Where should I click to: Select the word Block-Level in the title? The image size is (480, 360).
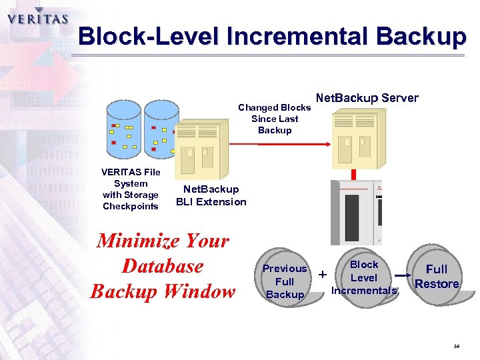click(x=149, y=36)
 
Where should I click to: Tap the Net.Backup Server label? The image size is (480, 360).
click(x=367, y=98)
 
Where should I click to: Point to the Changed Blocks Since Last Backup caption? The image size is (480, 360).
click(x=274, y=119)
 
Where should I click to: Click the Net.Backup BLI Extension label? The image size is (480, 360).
click(x=211, y=196)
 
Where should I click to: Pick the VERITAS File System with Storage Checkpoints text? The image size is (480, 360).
click(x=131, y=189)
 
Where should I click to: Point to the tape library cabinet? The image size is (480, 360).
click(x=361, y=212)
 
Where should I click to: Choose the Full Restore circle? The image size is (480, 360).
click(x=437, y=276)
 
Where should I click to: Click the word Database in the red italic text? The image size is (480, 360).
click(x=163, y=266)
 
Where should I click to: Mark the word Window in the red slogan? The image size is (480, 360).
click(x=204, y=291)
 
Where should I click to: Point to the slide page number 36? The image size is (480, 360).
click(x=457, y=347)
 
